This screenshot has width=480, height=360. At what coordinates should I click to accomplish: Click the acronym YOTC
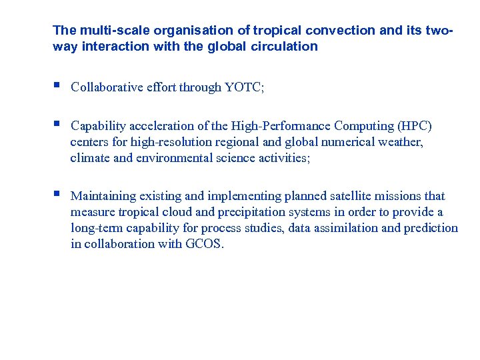[245, 87]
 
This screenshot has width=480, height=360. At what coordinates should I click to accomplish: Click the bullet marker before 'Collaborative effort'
[57, 86]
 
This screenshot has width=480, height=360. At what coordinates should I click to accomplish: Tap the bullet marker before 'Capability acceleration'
[57, 125]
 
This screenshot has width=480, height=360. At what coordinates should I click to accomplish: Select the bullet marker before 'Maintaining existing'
[57, 195]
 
